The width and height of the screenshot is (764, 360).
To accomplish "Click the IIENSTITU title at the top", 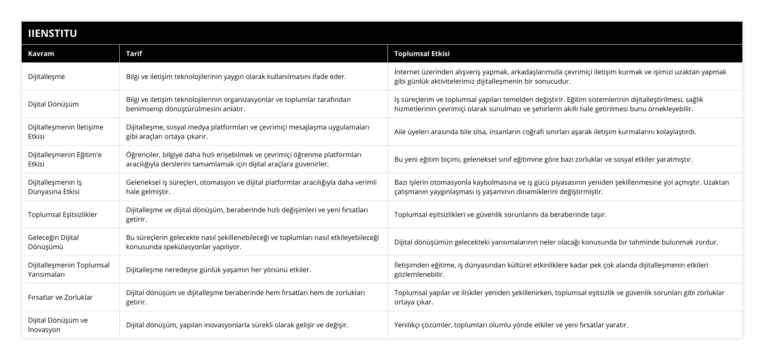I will (x=53, y=33).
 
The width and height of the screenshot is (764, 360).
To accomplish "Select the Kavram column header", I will (x=41, y=53).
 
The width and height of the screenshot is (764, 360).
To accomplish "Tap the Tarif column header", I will (x=134, y=53).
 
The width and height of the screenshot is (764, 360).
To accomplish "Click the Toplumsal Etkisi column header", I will (x=422, y=53).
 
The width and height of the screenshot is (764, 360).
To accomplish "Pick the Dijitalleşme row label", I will (x=47, y=76).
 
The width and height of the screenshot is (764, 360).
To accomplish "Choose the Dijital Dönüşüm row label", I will (x=53, y=104).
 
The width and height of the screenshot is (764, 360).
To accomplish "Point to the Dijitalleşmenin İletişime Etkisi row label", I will (x=66, y=132).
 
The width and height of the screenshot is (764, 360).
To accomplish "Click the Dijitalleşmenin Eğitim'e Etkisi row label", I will (x=65, y=159).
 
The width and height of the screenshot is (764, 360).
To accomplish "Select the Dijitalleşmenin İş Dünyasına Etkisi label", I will (x=55, y=187).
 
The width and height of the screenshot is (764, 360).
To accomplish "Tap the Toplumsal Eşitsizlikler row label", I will (x=63, y=214).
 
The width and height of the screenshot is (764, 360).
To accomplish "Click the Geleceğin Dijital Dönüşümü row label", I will (x=53, y=242).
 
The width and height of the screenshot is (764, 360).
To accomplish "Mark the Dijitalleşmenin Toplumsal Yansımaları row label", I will (x=69, y=270).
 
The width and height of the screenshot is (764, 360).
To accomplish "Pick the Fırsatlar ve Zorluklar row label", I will (x=60, y=297).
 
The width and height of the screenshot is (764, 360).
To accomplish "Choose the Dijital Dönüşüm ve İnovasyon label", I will (x=58, y=325).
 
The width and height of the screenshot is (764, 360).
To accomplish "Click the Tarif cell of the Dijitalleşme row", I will (x=236, y=76).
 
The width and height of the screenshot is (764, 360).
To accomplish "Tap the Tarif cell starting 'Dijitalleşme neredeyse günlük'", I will (x=219, y=270).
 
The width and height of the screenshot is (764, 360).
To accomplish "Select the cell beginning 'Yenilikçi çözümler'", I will (x=511, y=325).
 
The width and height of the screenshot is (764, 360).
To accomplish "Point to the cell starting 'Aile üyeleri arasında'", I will (x=545, y=132).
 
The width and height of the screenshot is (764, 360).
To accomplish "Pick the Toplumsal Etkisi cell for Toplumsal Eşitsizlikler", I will (x=500, y=214).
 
